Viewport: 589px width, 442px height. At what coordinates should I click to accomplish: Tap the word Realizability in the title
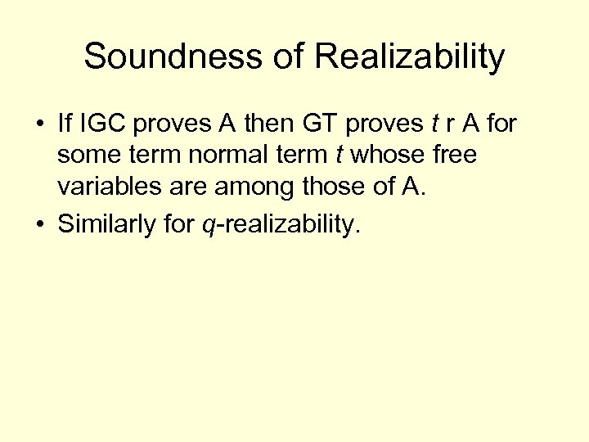click(x=409, y=57)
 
